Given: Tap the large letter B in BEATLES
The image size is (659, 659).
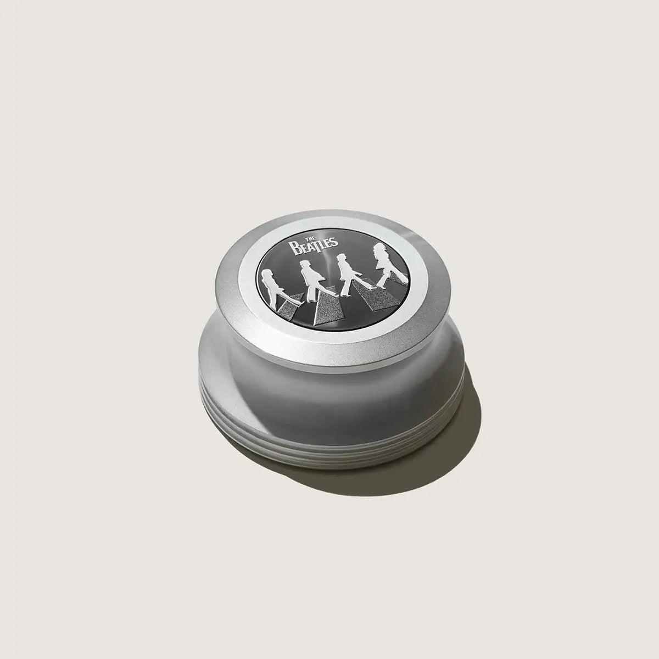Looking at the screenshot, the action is point(293,247).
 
